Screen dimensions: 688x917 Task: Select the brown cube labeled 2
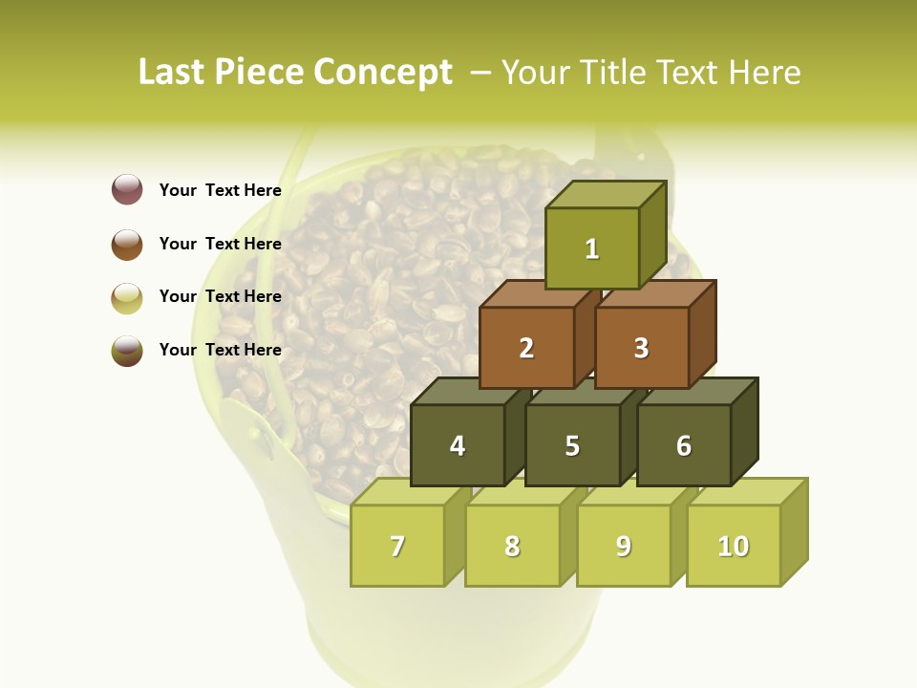[x=526, y=348]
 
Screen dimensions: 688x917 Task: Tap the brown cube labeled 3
[x=641, y=348]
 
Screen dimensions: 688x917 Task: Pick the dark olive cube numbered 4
[x=458, y=445]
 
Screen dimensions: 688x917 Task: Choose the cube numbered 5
[x=572, y=445]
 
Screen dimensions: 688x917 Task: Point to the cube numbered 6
[x=684, y=445]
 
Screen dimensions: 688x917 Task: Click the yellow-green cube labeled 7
[x=397, y=546]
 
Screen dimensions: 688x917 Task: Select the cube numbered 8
[x=512, y=546]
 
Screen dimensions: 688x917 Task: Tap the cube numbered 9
[x=624, y=546]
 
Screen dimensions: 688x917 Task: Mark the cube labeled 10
[x=734, y=546]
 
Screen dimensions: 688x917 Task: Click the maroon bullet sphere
[x=127, y=189]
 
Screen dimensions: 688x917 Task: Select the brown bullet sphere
[x=127, y=244]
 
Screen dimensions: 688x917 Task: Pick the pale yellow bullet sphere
[x=127, y=297]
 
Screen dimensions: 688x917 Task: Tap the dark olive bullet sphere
[x=127, y=350]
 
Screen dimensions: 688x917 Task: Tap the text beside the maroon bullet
[x=221, y=190]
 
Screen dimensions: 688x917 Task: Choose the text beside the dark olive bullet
[x=221, y=350]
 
